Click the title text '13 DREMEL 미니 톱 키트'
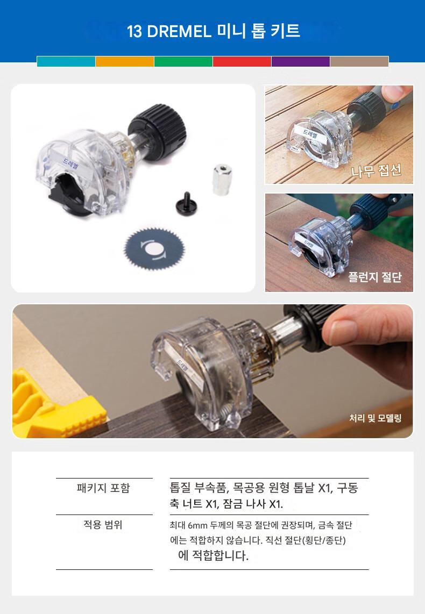coord(213,31)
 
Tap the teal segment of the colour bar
coord(66,61)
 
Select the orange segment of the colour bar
coord(125,61)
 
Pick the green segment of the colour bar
coord(183,61)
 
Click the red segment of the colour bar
coord(242,61)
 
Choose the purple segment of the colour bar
coord(300,61)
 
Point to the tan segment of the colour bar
coord(359,61)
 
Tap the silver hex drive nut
coord(223,180)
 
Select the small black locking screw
coord(186,204)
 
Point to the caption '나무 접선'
coord(376,170)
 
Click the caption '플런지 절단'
coord(375,277)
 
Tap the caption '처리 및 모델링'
coord(376,418)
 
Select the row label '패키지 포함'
coord(103,488)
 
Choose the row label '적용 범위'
coord(103,524)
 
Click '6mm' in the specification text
coord(197,525)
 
